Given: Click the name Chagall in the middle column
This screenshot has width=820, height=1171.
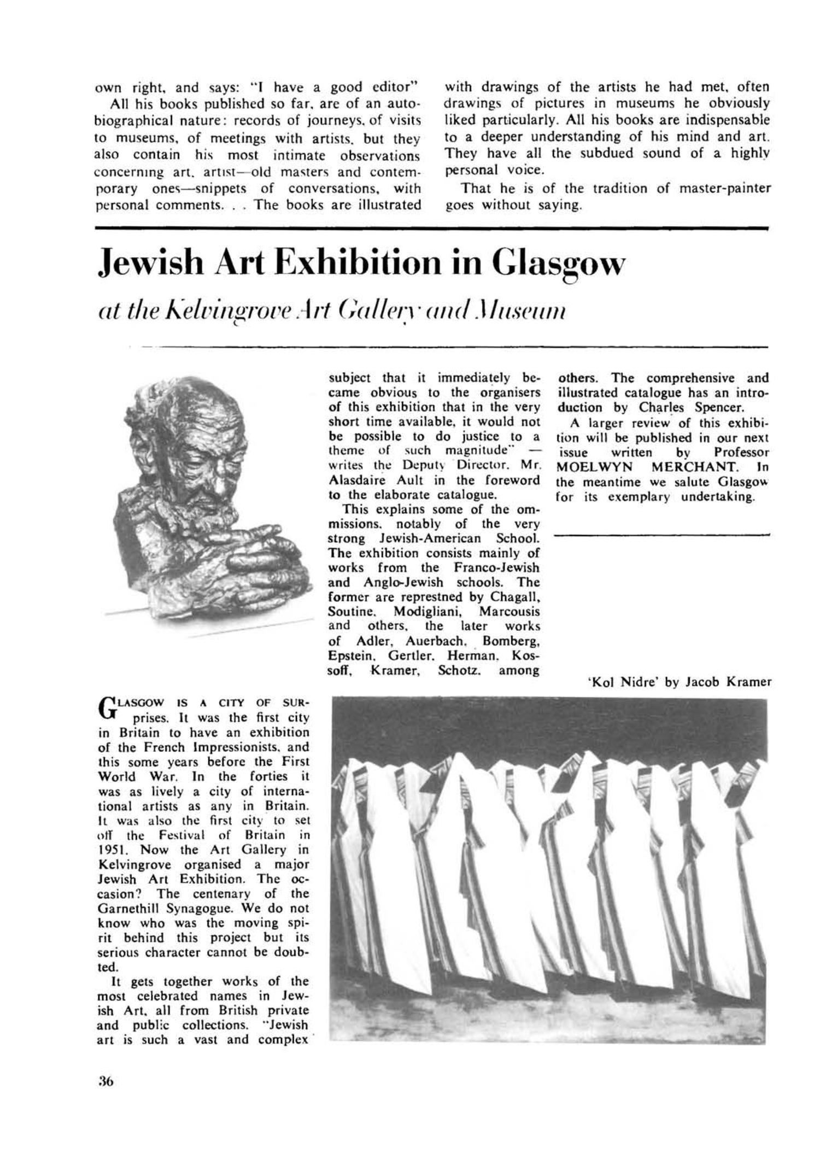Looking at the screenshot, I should (x=519, y=596).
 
